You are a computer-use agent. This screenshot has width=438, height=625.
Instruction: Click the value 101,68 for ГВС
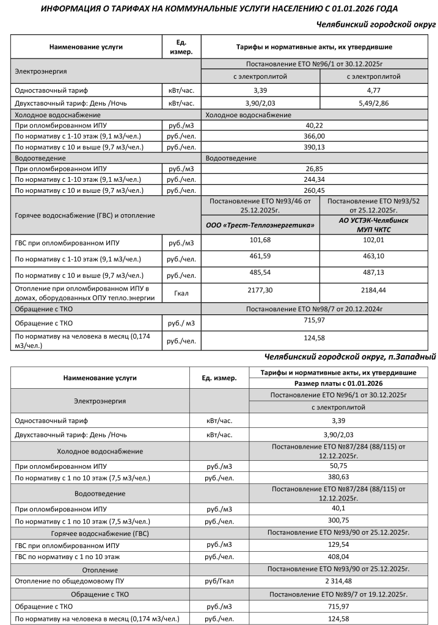[x=260, y=239]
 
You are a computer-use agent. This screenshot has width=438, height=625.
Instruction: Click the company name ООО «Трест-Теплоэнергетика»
[x=260, y=225]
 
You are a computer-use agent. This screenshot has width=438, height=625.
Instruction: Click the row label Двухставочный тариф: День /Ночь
[x=71, y=103]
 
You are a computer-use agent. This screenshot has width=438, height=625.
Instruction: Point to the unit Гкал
[x=181, y=293]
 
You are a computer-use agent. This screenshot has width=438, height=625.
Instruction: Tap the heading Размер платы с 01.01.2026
[x=338, y=383]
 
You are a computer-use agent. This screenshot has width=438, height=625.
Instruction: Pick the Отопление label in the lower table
[x=100, y=570]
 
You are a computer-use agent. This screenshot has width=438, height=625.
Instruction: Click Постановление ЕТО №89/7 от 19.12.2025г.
[x=338, y=594]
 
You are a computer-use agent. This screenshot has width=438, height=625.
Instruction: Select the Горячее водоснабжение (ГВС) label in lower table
[x=100, y=533]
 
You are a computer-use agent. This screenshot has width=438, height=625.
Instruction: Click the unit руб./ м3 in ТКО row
[x=181, y=323]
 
